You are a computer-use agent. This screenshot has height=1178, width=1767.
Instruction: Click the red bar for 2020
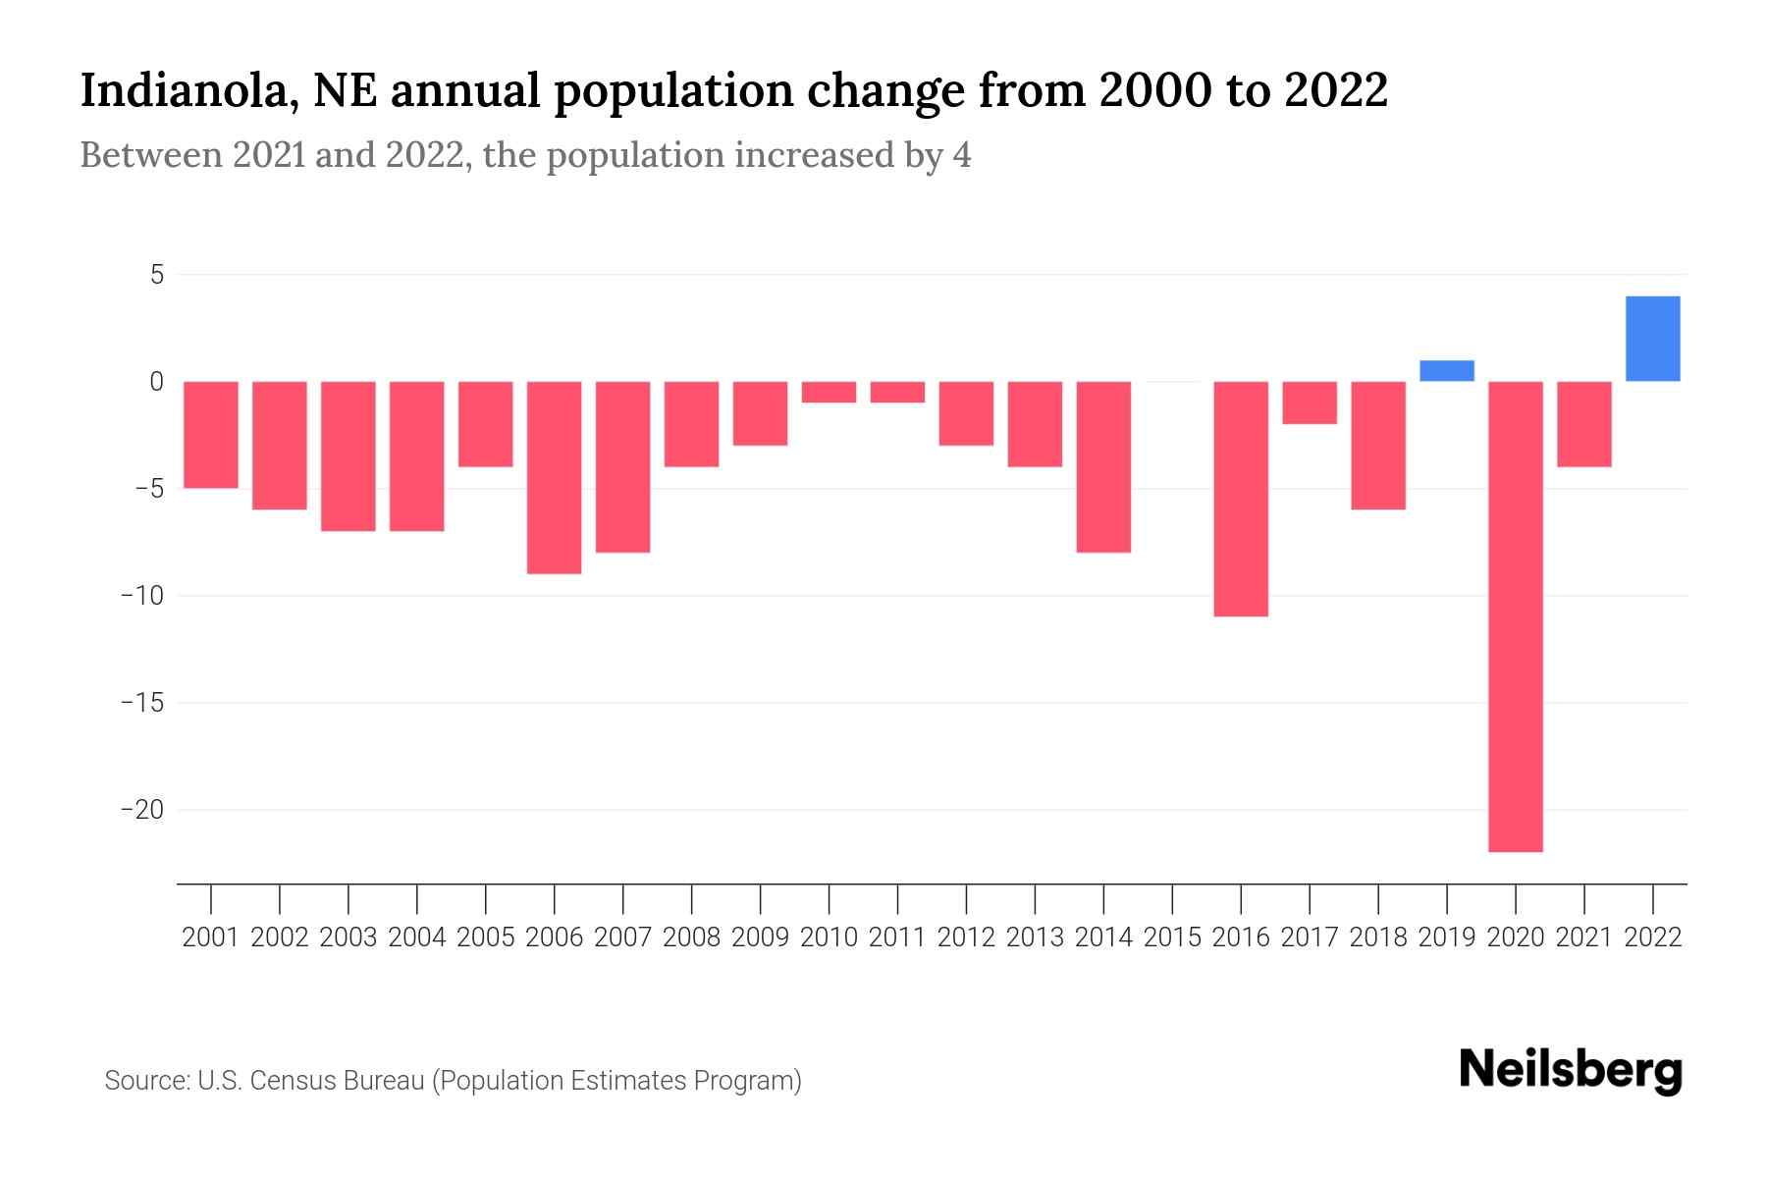1516,616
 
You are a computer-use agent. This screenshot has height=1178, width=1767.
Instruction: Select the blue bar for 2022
1653,339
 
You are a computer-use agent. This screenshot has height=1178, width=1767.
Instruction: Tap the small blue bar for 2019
1447,371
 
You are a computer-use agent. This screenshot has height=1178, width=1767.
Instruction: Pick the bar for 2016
1241,499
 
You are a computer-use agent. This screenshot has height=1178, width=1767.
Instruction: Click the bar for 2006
555,477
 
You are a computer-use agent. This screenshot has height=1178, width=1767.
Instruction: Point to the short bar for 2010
830,392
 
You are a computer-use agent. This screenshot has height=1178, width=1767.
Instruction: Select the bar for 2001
211,435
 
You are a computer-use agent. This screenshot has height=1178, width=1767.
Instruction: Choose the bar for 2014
1103,466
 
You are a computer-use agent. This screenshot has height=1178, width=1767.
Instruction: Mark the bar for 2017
1310,402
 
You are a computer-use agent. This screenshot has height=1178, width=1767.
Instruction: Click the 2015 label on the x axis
1172,937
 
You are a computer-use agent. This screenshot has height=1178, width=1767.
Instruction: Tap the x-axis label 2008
692,937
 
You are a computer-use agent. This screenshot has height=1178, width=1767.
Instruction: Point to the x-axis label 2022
1653,937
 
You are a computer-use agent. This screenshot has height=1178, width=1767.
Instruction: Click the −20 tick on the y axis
142,810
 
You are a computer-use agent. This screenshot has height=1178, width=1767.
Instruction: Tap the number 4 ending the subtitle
962,155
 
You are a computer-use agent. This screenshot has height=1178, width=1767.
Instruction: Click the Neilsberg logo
1571,1071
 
